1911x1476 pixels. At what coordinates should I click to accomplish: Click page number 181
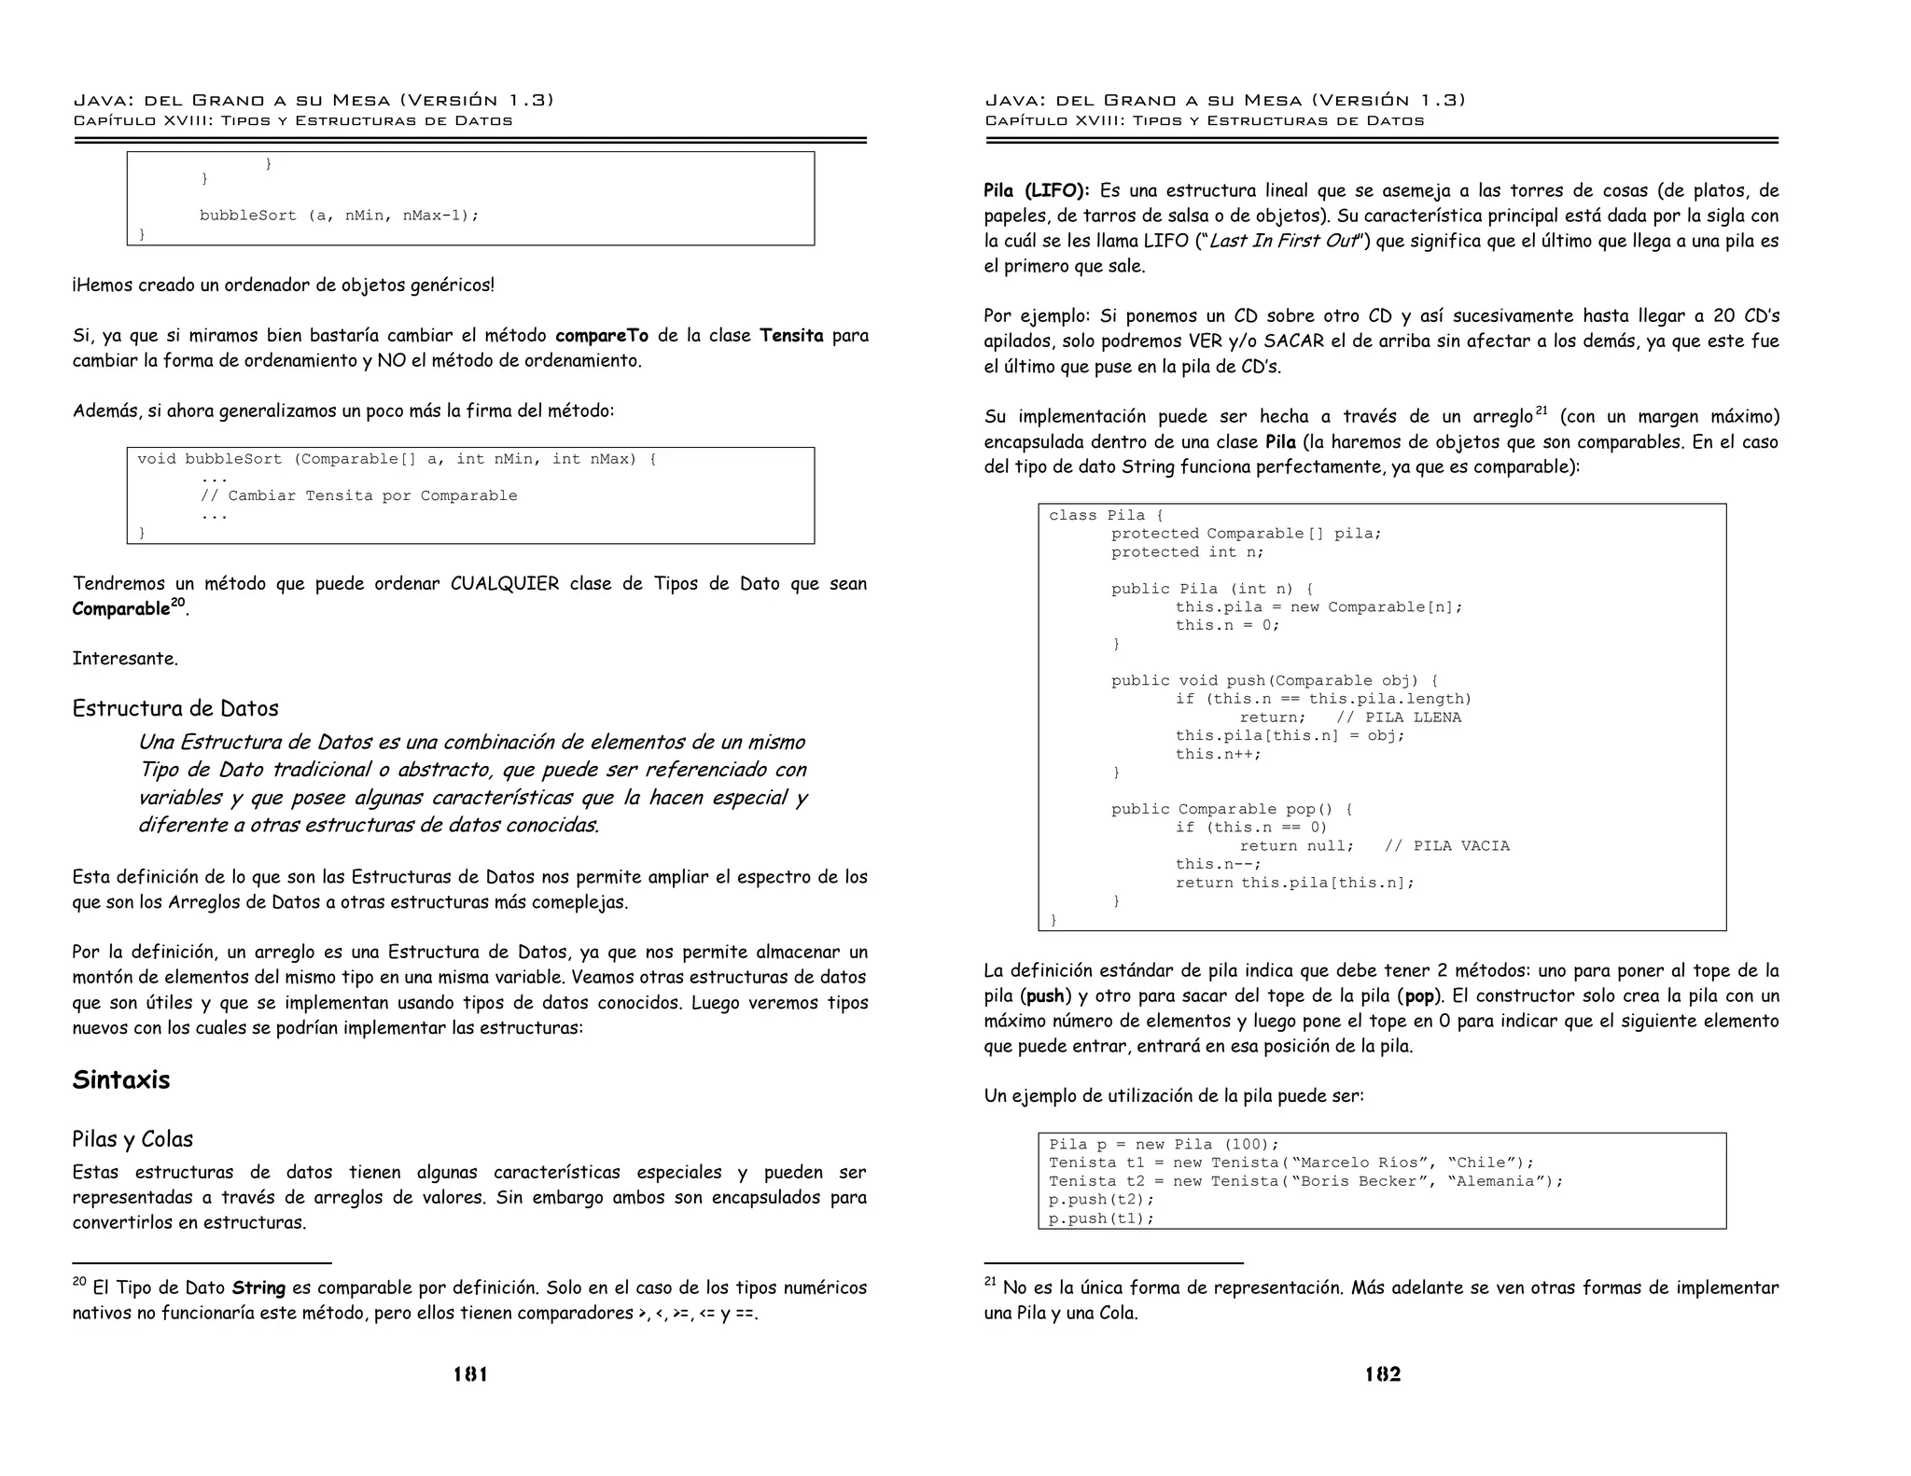click(x=470, y=1373)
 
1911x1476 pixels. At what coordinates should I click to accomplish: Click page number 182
click(x=1382, y=1373)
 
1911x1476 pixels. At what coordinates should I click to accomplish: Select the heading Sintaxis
click(x=121, y=1080)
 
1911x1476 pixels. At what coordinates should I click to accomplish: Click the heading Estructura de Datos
click(x=175, y=708)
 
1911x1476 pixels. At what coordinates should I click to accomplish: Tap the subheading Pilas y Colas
click(x=133, y=1139)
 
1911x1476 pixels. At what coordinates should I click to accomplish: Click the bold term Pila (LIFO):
click(x=1036, y=191)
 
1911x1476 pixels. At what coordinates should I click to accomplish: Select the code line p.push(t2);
click(x=1101, y=1200)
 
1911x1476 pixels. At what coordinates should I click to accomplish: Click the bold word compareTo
click(x=601, y=336)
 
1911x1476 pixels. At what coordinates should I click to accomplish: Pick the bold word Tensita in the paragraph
click(x=791, y=336)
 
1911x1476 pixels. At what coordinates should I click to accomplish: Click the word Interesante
click(x=125, y=659)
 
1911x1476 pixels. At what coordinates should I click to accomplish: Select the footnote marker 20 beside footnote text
click(x=79, y=1283)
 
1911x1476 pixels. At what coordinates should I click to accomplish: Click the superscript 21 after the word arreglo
click(x=1541, y=411)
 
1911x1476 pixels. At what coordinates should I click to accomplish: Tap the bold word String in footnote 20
click(x=258, y=1288)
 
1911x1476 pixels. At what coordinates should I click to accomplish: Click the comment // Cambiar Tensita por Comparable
click(x=358, y=496)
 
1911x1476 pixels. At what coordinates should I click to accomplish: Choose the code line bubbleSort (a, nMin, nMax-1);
click(x=339, y=216)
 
